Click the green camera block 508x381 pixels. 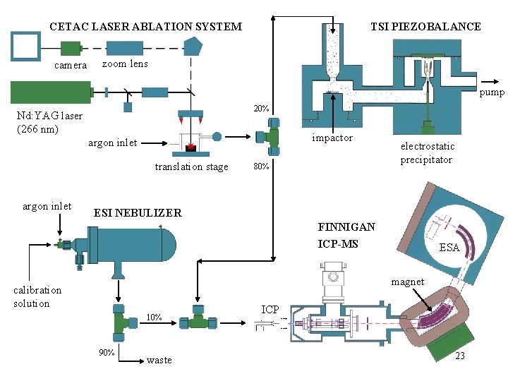tap(71, 49)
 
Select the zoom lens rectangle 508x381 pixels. tap(125, 48)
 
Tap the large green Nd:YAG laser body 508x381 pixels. tap(52, 92)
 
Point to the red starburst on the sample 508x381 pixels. tap(191, 147)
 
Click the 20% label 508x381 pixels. tap(261, 109)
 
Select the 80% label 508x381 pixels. tap(261, 167)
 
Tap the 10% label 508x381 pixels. tap(155, 317)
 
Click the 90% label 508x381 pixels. tap(107, 353)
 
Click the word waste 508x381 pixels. tap(159, 361)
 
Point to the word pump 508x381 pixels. tap(492, 92)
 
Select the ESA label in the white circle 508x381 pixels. tap(449, 248)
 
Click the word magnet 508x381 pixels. tap(408, 282)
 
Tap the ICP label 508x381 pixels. tap(270, 310)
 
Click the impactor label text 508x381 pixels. tap(332, 138)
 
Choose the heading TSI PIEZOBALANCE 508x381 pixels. tap(425, 26)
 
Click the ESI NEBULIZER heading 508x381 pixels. tap(138, 213)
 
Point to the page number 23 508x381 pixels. tap(460, 356)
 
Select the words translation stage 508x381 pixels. tap(191, 167)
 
